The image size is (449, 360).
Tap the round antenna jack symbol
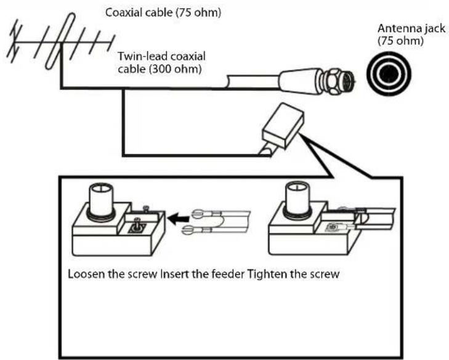(x=387, y=75)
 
